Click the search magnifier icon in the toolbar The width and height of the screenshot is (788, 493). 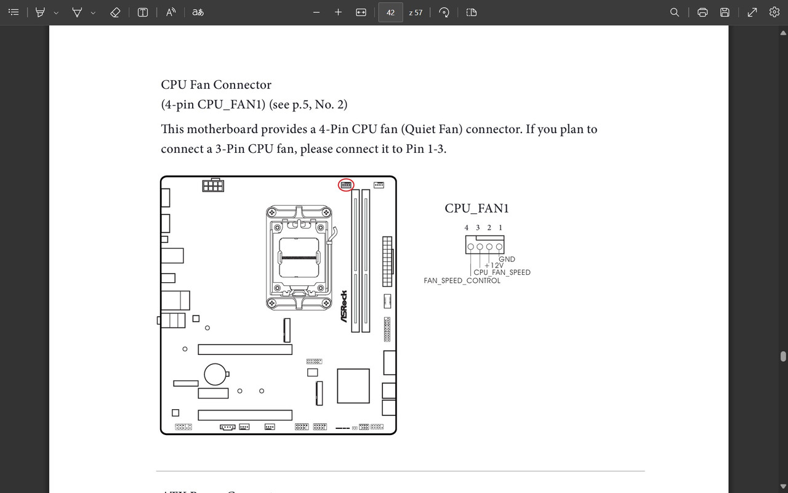click(x=675, y=12)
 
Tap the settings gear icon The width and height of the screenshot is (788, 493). click(x=774, y=12)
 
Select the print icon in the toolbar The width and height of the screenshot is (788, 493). click(x=702, y=12)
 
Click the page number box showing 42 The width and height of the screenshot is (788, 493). click(x=390, y=12)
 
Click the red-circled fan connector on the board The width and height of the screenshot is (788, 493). click(x=346, y=185)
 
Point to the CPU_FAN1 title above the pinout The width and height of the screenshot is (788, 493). click(x=476, y=208)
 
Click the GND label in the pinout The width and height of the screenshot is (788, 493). click(x=507, y=259)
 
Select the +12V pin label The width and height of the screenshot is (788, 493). click(x=494, y=266)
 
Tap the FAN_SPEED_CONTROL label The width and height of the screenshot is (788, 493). click(x=462, y=281)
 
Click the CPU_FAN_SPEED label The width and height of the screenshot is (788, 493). click(x=502, y=272)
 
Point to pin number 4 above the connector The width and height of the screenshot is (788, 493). click(x=467, y=228)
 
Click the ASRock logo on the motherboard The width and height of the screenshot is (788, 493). click(x=344, y=306)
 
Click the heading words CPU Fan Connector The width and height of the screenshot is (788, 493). click(x=216, y=85)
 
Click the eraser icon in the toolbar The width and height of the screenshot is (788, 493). click(x=115, y=12)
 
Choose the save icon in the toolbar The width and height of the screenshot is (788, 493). click(x=725, y=12)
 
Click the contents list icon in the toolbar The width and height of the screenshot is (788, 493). click(x=14, y=12)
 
